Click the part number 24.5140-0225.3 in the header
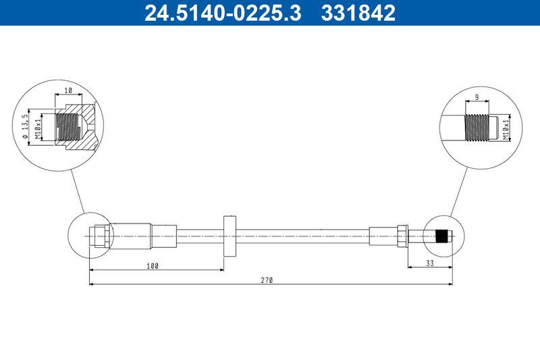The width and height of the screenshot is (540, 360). [223, 13]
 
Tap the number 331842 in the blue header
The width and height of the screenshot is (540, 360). [358, 13]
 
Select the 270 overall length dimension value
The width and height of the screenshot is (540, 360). [267, 280]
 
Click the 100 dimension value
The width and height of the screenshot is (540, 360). [153, 266]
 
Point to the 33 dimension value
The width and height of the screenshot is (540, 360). [430, 263]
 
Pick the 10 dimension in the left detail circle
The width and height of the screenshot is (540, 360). [68, 91]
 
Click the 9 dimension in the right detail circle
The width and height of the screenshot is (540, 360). [477, 97]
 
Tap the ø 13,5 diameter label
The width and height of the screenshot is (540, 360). [25, 126]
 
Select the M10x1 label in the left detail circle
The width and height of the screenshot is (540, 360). [38, 128]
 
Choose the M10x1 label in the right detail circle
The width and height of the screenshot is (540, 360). [505, 130]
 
